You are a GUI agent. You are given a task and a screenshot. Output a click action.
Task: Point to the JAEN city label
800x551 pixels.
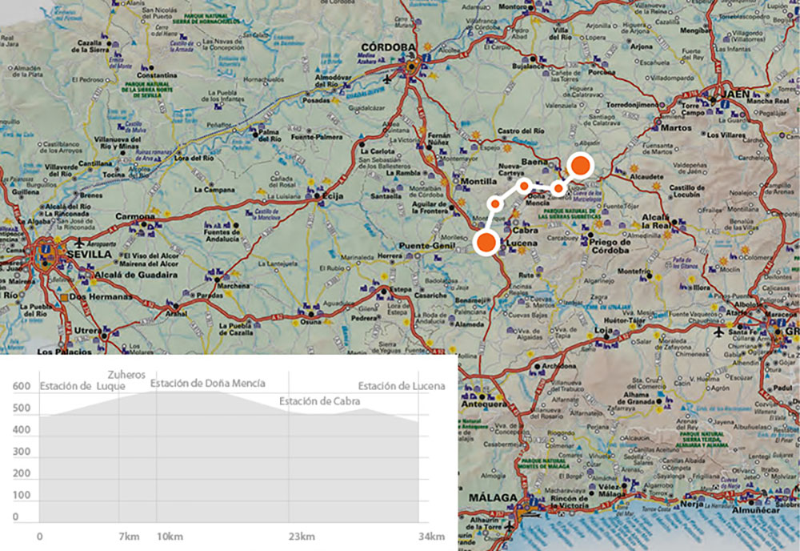click(x=737, y=94)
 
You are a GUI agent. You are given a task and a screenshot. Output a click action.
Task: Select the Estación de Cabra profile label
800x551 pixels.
click(x=320, y=400)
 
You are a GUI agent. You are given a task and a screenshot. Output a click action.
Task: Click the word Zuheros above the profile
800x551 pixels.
click(x=126, y=374)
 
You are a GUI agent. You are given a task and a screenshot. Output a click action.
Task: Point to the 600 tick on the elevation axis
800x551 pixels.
click(x=21, y=388)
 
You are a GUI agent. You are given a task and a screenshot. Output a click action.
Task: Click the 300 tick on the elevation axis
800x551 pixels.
click(x=21, y=452)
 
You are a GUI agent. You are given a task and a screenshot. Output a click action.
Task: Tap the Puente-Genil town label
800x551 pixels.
click(x=426, y=246)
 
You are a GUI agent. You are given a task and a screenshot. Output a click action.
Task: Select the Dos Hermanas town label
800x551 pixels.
click(x=100, y=296)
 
